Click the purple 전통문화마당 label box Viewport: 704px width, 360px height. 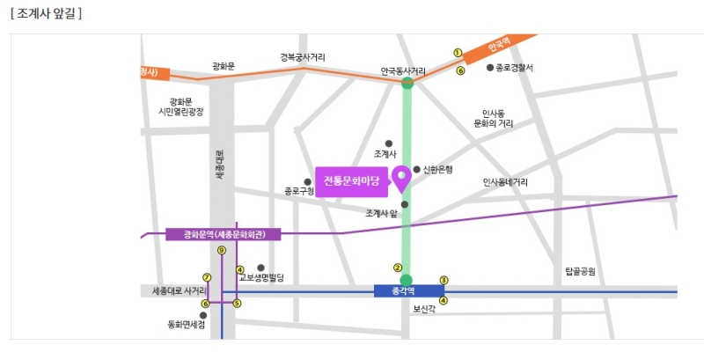[351, 181]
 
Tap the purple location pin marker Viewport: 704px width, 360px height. [400, 179]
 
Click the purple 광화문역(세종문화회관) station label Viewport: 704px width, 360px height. [223, 234]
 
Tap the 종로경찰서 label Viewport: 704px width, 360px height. [515, 67]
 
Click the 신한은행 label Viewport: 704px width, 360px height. [436, 169]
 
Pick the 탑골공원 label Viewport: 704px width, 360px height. [581, 272]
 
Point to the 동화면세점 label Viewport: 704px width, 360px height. [187, 325]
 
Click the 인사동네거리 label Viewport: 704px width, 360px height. [505, 182]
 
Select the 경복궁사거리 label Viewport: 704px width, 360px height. [303, 57]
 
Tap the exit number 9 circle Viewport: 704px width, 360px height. [222, 250]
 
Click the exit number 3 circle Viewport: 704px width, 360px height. [444, 281]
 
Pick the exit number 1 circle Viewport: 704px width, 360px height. [458, 52]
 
